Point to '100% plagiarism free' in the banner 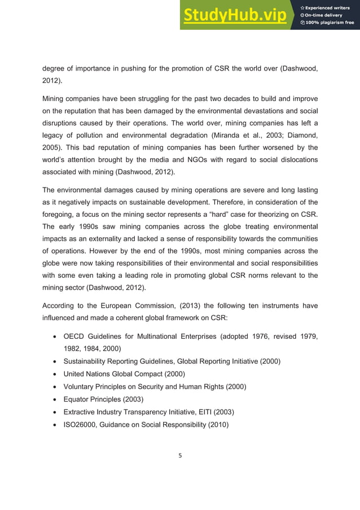point(330,23)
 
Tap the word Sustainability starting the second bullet point(88,361)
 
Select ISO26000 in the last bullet point(82,424)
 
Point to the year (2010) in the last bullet point(217,424)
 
